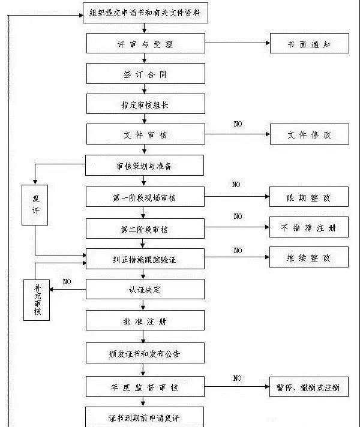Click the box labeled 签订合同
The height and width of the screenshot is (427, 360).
[145, 74]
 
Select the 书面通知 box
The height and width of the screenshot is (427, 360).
[309, 44]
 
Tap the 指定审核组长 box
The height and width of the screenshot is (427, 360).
[145, 104]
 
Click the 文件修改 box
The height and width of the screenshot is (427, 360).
[309, 134]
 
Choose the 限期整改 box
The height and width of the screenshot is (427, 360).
[309, 197]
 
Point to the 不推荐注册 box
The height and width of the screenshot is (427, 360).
[309, 228]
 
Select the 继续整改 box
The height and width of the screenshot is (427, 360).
[309, 258]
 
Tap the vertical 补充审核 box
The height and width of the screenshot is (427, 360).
[37, 299]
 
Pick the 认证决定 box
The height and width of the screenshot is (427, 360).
[145, 290]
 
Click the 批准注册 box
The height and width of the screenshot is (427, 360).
[145, 321]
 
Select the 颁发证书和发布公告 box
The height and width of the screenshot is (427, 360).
[145, 353]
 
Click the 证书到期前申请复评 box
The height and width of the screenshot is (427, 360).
[145, 417]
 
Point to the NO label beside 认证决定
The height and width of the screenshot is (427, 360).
[67, 281]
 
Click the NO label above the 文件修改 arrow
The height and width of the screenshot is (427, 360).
[238, 124]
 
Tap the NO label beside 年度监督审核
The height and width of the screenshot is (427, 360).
[238, 378]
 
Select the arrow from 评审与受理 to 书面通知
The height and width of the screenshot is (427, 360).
[237, 44]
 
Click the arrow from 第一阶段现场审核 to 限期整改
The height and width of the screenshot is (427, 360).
[237, 197]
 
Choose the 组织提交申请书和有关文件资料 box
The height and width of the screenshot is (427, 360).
[145, 12]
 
